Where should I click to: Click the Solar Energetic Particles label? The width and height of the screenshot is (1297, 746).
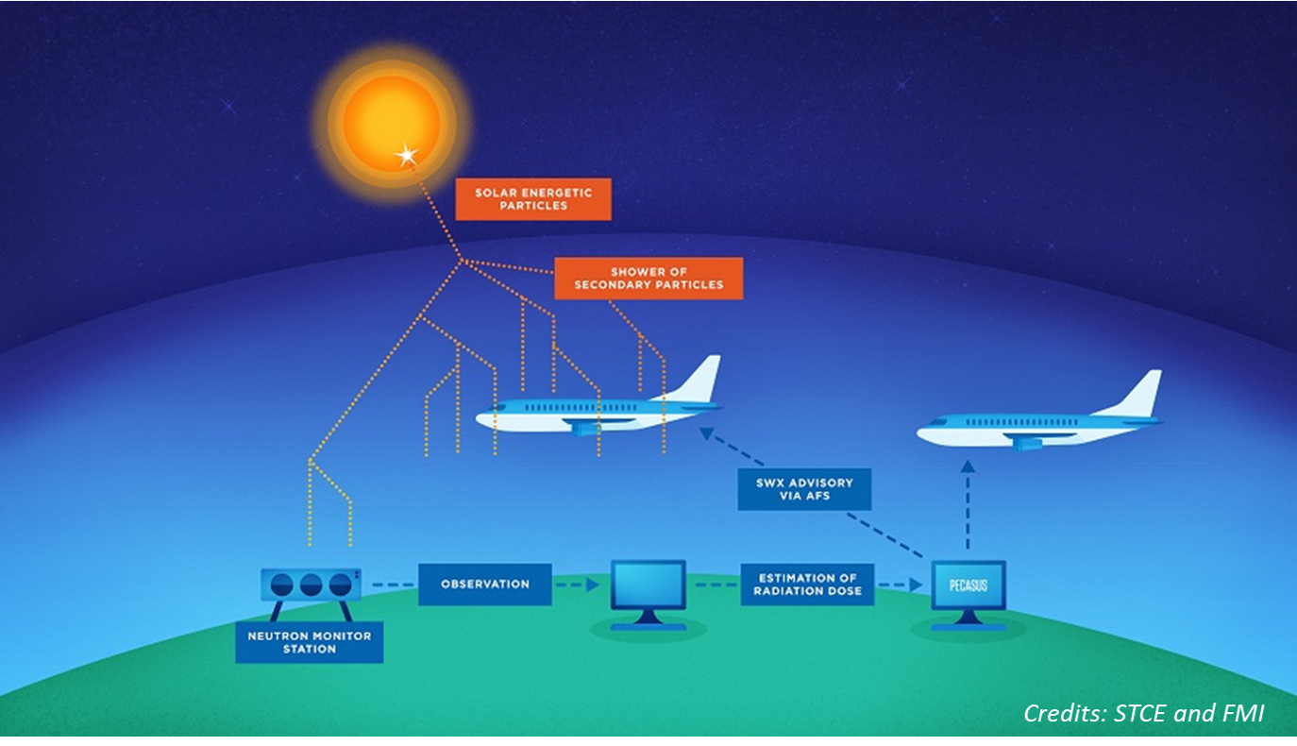coord(533,199)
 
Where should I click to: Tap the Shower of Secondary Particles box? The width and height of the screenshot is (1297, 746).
coord(648,279)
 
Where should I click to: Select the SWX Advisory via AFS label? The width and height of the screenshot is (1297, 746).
coord(803,489)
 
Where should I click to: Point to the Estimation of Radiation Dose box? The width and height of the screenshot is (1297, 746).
coord(807,585)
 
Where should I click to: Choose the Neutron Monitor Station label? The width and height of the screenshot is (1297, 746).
coord(309,642)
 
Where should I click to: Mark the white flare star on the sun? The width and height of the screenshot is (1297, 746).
coord(407,156)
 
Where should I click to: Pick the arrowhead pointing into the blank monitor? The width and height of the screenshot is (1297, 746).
coord(592,585)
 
